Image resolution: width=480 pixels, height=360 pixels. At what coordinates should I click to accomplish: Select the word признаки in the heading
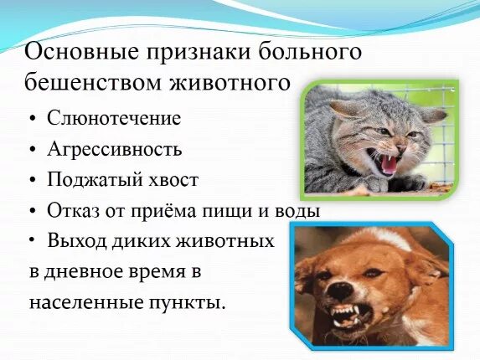pos(196,52)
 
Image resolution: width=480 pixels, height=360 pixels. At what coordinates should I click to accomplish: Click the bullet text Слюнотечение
pos(114,118)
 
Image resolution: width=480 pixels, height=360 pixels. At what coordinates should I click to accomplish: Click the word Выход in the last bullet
pos(75,241)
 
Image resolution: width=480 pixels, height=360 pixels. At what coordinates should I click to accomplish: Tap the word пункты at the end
pos(191,302)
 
